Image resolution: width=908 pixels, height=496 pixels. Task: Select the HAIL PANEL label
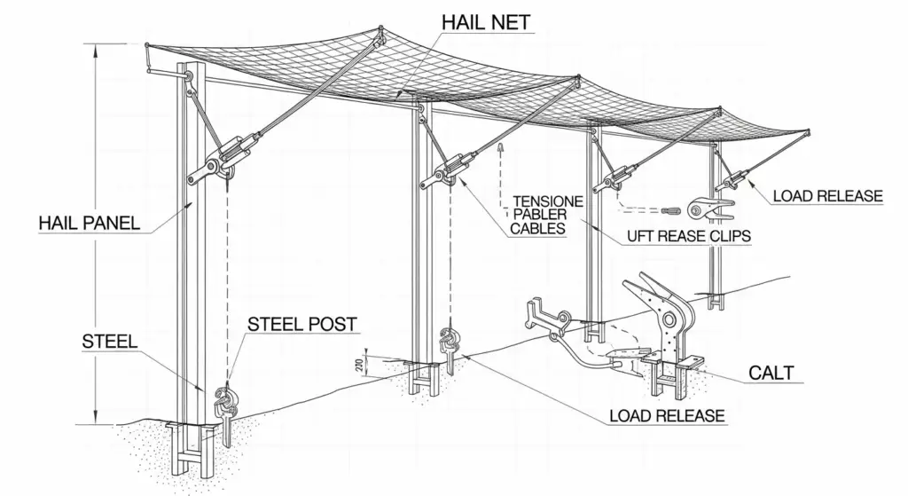pos(90,223)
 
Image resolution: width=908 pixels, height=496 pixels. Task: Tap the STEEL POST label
pos(301,324)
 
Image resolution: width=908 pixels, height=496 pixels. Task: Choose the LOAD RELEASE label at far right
pos(827,196)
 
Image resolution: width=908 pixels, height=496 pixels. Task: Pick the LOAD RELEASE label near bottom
pos(667,415)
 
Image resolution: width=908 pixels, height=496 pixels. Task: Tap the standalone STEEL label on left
pos(111,341)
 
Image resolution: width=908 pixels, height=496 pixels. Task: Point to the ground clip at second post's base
pos(448,342)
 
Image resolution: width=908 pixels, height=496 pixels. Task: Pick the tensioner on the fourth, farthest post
pos(733,181)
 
